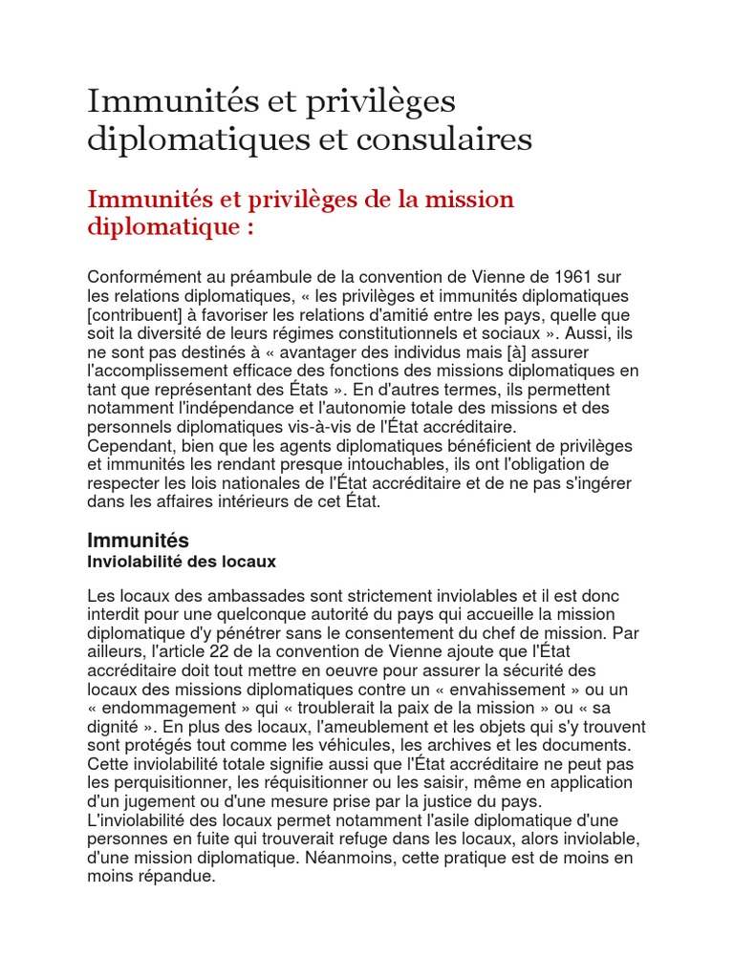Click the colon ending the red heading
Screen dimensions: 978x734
pyautogui.click(x=251, y=229)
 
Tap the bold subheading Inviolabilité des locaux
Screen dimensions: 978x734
pyautogui.click(x=182, y=561)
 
